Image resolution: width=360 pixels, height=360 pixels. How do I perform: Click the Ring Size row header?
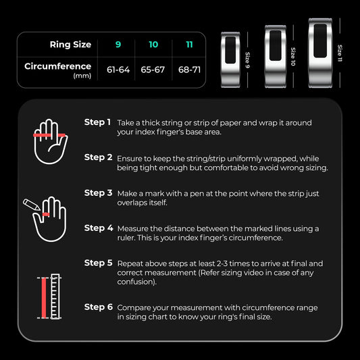click(x=70, y=45)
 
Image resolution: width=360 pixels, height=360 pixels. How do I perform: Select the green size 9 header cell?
click(x=118, y=45)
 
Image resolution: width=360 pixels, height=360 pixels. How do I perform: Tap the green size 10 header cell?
click(x=153, y=45)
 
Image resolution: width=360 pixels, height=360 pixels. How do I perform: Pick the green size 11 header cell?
click(x=188, y=45)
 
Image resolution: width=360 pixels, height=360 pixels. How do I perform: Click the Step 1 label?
click(x=98, y=122)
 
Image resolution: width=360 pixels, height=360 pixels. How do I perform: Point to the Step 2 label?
click(x=98, y=157)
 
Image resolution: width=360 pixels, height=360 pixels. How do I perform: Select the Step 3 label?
click(x=98, y=192)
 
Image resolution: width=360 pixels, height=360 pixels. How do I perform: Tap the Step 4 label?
click(x=98, y=228)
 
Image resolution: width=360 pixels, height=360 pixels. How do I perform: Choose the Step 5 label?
click(x=98, y=263)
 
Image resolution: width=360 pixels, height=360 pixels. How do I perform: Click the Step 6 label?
click(x=98, y=307)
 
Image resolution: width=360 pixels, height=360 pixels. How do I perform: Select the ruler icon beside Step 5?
click(x=51, y=297)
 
